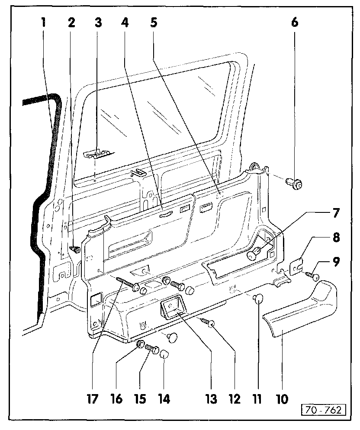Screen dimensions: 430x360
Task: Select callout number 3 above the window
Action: coord(98,22)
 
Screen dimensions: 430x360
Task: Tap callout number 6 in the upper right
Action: coord(294,22)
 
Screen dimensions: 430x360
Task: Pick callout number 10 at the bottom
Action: coord(282,398)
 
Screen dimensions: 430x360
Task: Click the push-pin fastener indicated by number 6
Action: coord(294,185)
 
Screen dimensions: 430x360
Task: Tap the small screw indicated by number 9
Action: coord(312,276)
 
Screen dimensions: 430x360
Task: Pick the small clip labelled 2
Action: coord(75,249)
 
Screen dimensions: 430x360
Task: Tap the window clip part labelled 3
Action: coord(98,154)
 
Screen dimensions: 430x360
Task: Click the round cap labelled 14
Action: coord(165,354)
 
